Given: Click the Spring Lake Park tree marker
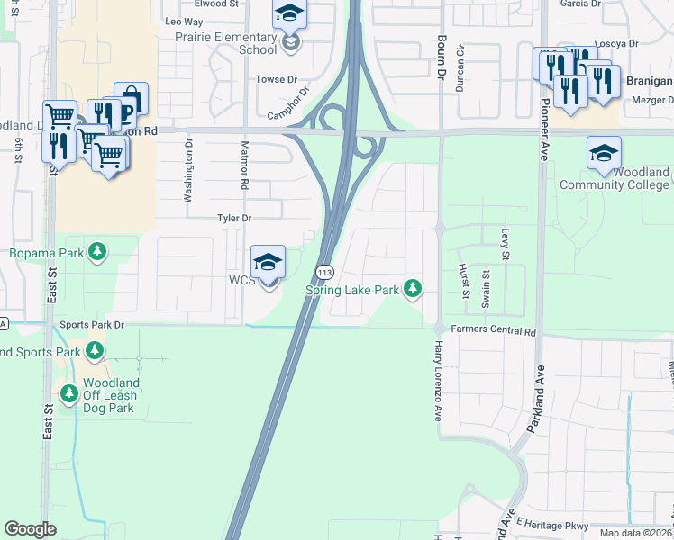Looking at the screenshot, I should click(413, 288).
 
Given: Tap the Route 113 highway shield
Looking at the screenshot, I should click(324, 272).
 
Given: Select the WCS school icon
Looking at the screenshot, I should click(268, 263).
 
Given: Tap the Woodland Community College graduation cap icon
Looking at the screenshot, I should click(604, 154).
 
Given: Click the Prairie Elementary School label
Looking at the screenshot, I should click(232, 43).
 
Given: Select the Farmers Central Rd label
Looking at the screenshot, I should click(494, 331).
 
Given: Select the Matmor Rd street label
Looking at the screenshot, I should click(243, 164).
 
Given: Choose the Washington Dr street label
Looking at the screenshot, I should click(189, 170).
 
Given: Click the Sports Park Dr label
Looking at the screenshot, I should click(91, 324).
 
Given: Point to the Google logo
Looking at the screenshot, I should click(30, 529).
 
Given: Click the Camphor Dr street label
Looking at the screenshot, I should click(288, 103).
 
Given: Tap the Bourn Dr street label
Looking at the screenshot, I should click(442, 56).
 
